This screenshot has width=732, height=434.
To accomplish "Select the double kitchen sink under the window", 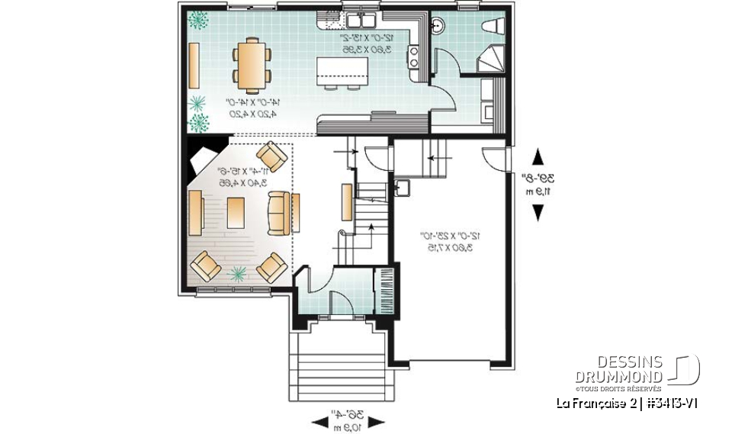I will coord(356,20).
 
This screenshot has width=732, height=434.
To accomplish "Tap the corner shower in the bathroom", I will coord(490,59).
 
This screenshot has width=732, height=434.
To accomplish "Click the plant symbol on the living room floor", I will coord(239,272).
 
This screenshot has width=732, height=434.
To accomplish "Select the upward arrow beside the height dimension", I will coord(538,158).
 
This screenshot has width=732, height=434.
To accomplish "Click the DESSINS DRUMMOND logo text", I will coord(629,368).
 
